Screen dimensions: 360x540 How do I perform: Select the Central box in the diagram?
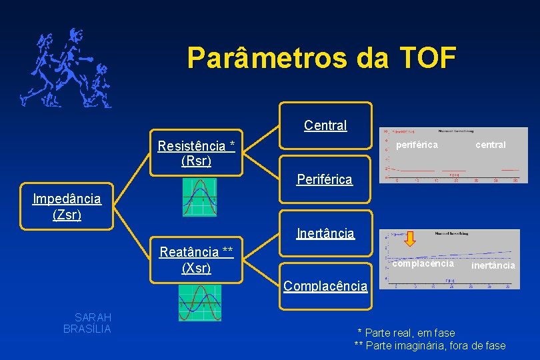pos(325,125)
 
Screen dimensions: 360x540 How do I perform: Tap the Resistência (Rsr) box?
pos(196,153)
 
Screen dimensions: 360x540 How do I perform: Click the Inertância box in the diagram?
pos(325,233)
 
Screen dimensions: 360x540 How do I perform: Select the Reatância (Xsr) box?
pos(196,259)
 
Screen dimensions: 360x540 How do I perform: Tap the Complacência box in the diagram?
pos(325,286)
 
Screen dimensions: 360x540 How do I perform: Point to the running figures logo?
pos(65,69)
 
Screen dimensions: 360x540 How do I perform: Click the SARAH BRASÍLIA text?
pos(87,323)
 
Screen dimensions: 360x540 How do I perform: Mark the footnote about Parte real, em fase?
pos(407,333)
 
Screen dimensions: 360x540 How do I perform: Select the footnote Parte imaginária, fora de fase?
pos(430,345)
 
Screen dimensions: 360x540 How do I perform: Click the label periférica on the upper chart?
pos(417,145)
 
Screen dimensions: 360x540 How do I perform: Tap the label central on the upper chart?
pos(490,145)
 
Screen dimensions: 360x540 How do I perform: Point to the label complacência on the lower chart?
pos(423,263)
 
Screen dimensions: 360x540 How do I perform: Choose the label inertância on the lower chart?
pos(493,265)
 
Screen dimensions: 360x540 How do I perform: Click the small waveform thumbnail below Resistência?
pos(200,197)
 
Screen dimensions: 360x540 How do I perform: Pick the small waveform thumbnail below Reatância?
pos(200,303)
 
